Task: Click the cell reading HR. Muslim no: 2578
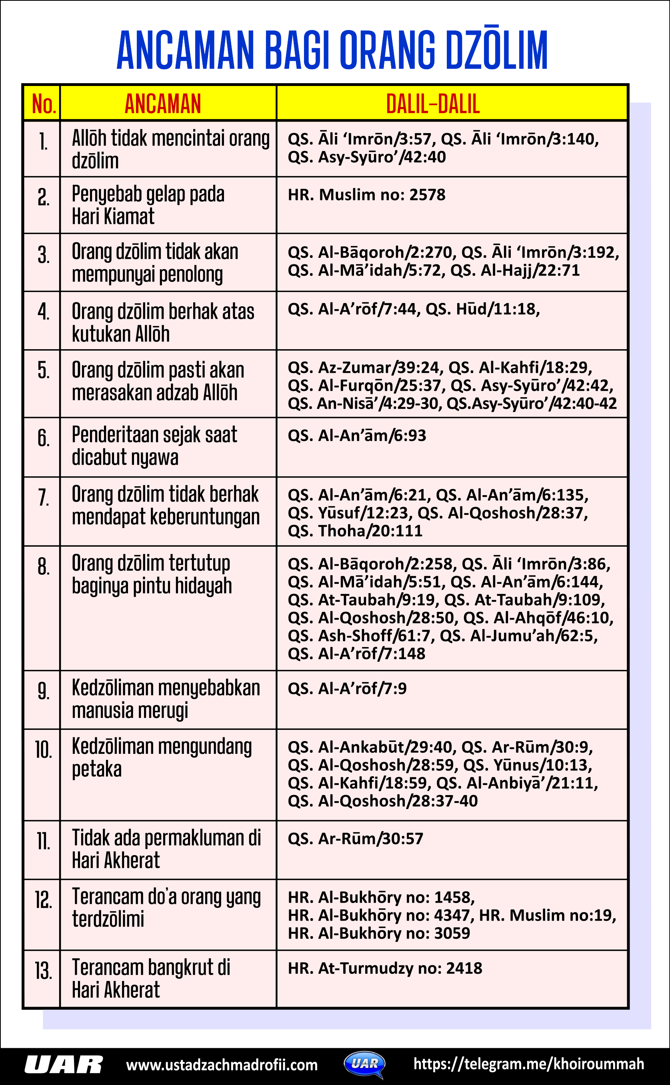pos(366,195)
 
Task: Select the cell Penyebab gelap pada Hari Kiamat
pos(148,205)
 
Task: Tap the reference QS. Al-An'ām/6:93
pos(357,436)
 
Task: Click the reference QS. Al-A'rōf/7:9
pos(347,689)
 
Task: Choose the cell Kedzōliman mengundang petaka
pos(162,757)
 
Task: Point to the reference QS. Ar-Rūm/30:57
pos(355,839)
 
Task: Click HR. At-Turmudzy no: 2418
pos(385,969)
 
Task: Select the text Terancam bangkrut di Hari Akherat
pos(151,979)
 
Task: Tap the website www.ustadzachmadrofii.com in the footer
pos(222,1065)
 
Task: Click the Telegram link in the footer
pos(528,1064)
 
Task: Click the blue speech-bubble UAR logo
pos(365,1064)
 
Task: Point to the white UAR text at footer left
pos(63,1065)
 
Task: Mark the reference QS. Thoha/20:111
pos(355,531)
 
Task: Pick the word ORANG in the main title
pos(388,50)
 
